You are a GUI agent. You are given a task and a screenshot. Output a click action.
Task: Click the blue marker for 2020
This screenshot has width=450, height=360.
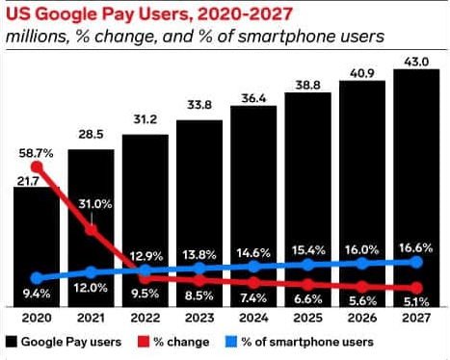point(37,277)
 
